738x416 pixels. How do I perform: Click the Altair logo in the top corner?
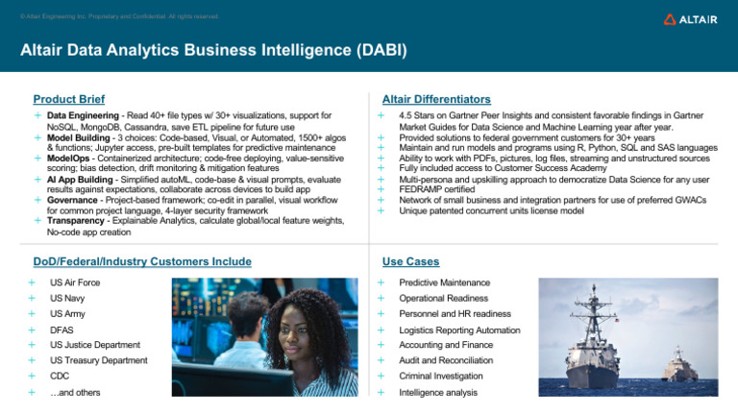pos(689,19)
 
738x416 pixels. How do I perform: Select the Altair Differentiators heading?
pos(436,99)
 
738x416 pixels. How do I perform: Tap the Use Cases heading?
pos(411,260)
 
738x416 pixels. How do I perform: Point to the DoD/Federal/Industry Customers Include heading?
pos(142,260)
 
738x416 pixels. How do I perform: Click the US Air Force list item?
pos(75,282)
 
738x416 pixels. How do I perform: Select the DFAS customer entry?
pos(61,330)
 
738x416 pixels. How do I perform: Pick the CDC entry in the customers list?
pos(60,376)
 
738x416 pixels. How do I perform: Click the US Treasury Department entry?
pos(99,360)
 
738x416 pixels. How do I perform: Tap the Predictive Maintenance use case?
pos(445,282)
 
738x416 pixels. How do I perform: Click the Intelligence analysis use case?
pos(438,392)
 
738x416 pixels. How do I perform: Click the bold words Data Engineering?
pos(82,115)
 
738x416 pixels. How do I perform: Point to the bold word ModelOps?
pos(70,159)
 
